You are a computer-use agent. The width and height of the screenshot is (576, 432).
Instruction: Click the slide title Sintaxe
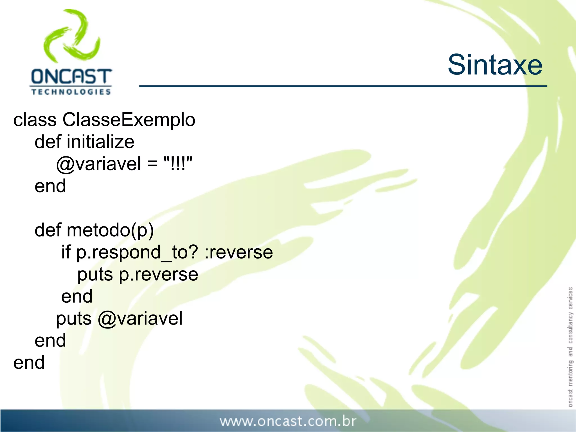495,65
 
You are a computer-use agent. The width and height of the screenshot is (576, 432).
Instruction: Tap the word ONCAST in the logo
71,76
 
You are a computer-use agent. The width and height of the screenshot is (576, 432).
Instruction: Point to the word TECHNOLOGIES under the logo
71,92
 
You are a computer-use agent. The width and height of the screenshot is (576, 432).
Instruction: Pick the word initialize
100,142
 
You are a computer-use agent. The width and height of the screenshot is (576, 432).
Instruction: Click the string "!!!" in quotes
178,164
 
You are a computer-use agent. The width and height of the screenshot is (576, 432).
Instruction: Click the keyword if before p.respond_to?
66,252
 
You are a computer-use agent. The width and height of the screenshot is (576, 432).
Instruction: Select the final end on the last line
29,363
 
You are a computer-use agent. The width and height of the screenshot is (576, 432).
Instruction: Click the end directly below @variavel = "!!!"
50,186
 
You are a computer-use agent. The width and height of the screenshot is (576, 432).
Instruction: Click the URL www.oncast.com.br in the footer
288,421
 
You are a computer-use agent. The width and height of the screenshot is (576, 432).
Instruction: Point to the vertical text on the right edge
570,346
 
